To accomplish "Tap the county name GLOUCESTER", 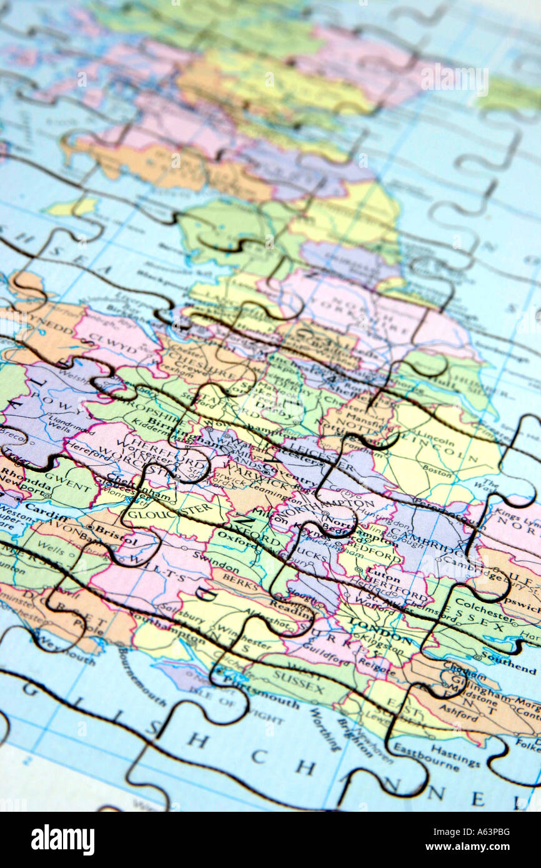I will point(169,512).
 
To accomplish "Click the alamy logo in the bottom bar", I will point(62,840).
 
